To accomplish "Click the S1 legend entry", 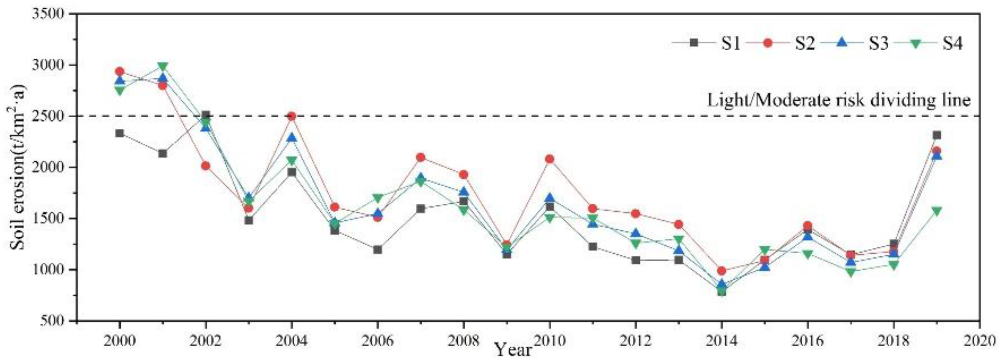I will point(707,43).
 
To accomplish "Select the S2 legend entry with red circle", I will point(781,43).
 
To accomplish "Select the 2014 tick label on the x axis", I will point(722,341).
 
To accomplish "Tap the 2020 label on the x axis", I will point(979,341).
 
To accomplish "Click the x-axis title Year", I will point(513,350).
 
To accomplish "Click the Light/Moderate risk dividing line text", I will point(839,100).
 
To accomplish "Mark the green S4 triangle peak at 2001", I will point(163,67).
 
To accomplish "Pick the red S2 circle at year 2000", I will point(120,72).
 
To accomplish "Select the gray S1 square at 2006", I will point(377,250).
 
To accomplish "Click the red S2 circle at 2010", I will point(550,159).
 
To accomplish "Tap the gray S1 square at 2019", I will point(937,135).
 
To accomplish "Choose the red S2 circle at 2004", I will point(292,116).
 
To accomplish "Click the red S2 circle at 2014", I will point(722,271).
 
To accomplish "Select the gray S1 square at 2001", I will point(163,153).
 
